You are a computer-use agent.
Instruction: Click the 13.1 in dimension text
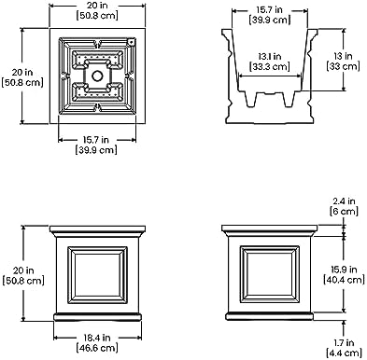tap(270, 57)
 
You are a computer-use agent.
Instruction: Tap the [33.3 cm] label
tap(270, 66)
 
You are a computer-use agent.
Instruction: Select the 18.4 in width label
tap(97, 338)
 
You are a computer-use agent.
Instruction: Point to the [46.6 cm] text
tap(97, 348)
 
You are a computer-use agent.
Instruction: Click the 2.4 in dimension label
tap(344, 201)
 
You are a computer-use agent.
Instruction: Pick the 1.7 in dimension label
tap(344, 342)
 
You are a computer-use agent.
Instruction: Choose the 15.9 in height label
tap(344, 270)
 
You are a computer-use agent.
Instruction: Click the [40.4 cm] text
tap(344, 280)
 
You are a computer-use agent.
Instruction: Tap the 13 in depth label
tap(343, 56)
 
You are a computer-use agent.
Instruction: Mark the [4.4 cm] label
tap(344, 353)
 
